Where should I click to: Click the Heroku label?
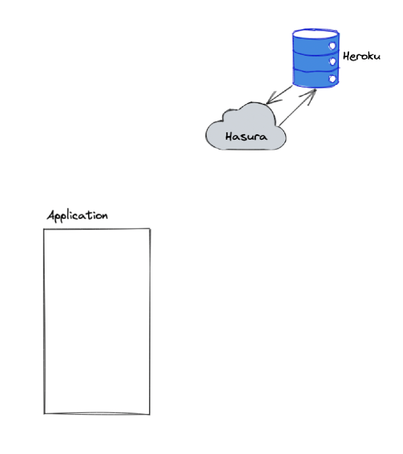361,56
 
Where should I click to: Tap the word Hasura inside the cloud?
246,136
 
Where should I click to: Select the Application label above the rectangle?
77,215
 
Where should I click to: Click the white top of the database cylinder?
316,34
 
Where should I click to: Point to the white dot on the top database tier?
332,46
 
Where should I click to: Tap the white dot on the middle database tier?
332,62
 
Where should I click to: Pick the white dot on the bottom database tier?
332,78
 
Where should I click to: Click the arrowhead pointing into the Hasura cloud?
270,101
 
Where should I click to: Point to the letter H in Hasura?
229,136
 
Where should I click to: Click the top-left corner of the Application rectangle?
44,229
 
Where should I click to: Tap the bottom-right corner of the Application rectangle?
149,414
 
